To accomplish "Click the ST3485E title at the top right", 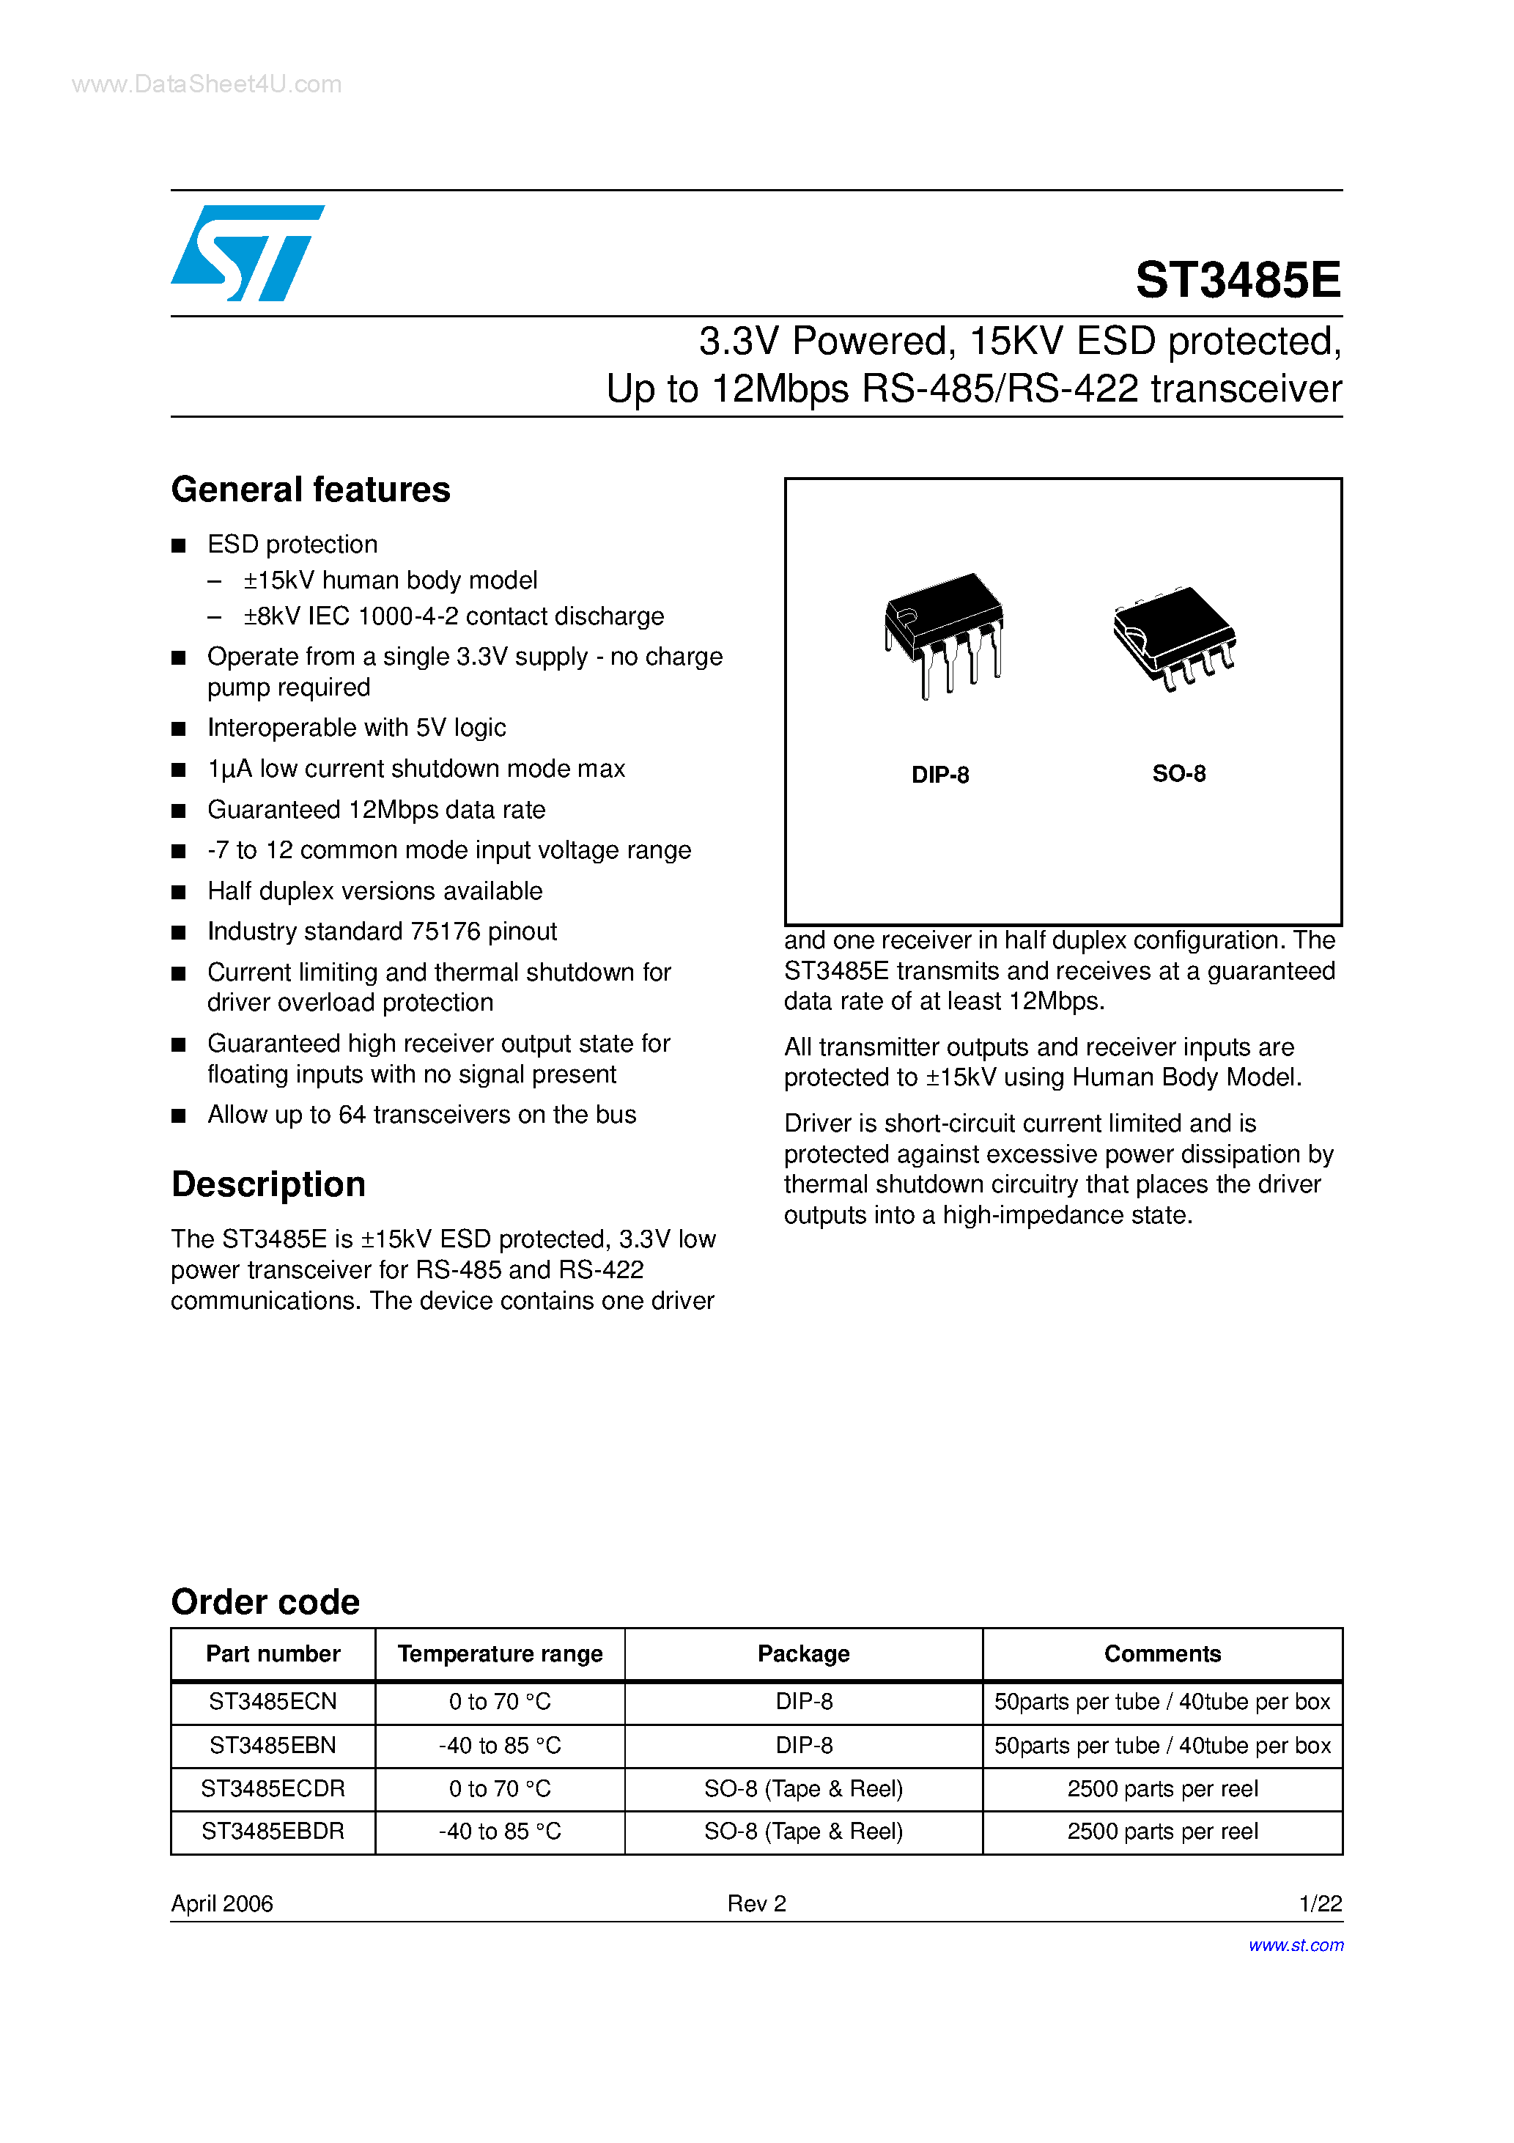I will click(1237, 280).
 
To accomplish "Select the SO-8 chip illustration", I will click(1174, 638).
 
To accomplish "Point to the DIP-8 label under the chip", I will click(940, 775).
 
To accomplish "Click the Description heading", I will click(268, 1184).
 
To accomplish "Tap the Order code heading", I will click(265, 1601).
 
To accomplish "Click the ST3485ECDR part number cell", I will click(273, 1788).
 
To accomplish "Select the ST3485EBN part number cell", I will click(273, 1745).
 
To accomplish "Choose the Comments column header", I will click(1162, 1654).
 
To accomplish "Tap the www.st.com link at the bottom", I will click(1296, 1945).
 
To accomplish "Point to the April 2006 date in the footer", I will click(222, 1903).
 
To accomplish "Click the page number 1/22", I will click(1320, 1903).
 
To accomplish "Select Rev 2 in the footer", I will click(756, 1903).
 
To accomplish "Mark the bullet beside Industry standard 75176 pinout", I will click(178, 932).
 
